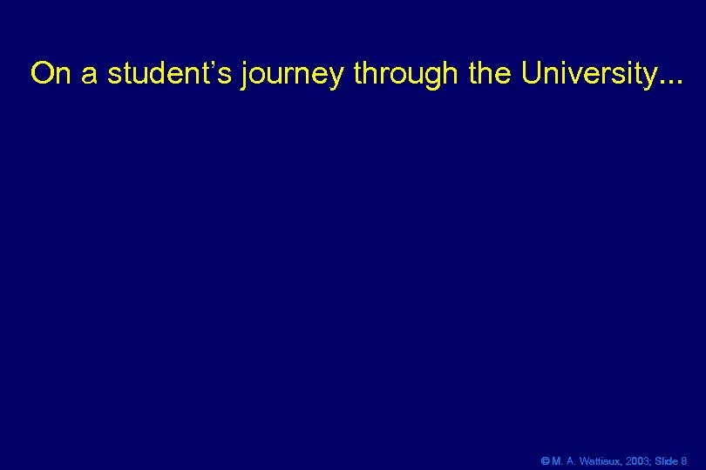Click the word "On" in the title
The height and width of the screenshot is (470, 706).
(x=51, y=74)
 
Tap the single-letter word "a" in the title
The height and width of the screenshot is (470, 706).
(x=90, y=75)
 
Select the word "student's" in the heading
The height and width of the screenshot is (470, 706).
(x=170, y=74)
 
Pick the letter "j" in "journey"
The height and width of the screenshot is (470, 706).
(x=246, y=76)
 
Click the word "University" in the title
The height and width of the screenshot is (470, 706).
(x=587, y=75)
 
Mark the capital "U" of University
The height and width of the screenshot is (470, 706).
(x=533, y=74)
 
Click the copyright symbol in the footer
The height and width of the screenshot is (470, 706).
(x=545, y=460)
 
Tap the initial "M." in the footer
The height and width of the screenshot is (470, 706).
(x=557, y=460)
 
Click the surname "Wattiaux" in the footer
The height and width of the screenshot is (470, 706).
(x=599, y=460)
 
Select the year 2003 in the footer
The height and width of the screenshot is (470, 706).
(x=636, y=460)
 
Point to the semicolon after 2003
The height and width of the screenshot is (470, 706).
(x=649, y=461)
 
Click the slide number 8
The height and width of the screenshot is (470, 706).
(x=683, y=460)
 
